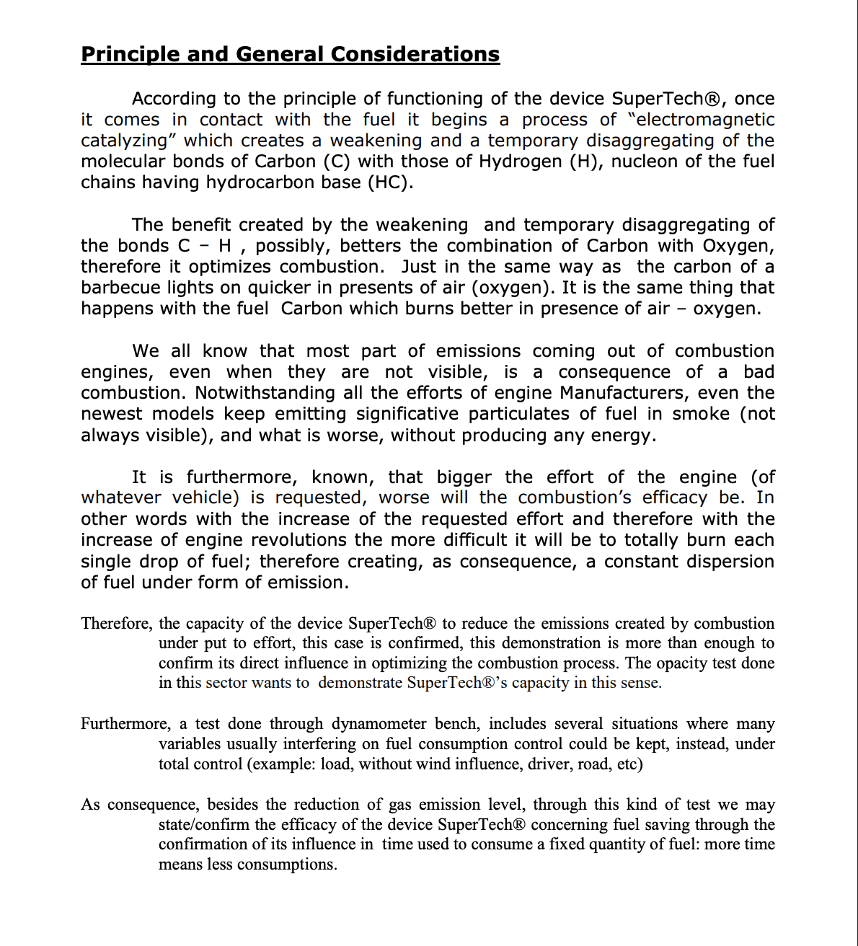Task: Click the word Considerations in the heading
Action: point(415,55)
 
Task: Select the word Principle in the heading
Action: point(131,55)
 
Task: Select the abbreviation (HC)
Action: point(390,182)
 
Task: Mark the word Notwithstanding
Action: point(265,393)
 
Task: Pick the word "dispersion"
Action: point(725,561)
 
